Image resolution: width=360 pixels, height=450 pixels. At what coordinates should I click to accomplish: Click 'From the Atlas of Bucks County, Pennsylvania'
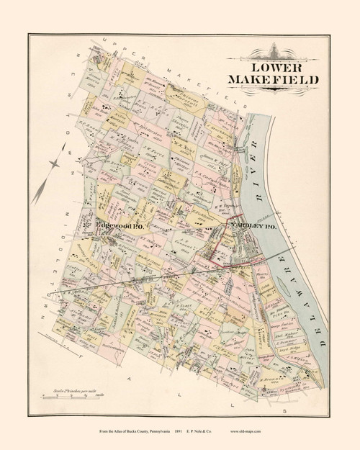click(130, 433)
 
